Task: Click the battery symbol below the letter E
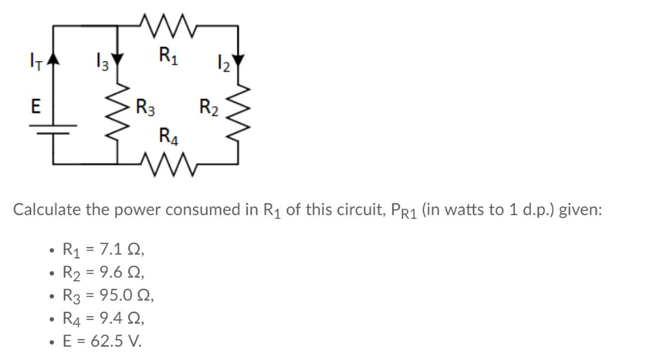coord(53,130)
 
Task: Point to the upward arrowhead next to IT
coord(53,62)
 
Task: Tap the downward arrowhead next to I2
coord(239,62)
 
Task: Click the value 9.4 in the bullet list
coord(111,318)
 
